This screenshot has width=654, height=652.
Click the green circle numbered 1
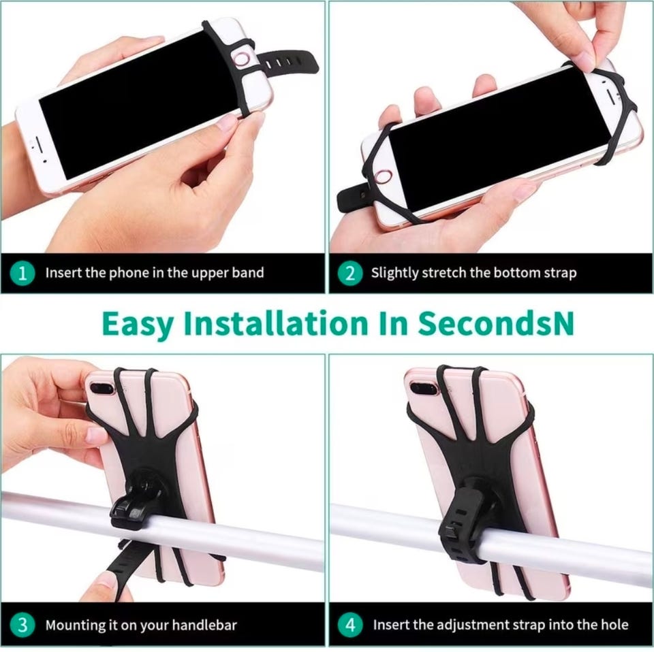click(x=22, y=274)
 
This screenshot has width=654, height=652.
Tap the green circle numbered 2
click(x=350, y=274)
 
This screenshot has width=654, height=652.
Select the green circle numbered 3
click(x=22, y=625)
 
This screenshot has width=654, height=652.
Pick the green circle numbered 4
click(x=350, y=625)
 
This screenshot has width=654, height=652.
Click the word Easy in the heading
click(x=138, y=325)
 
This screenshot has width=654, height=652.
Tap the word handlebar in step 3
click(x=204, y=625)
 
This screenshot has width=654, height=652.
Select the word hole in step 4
click(x=614, y=625)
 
